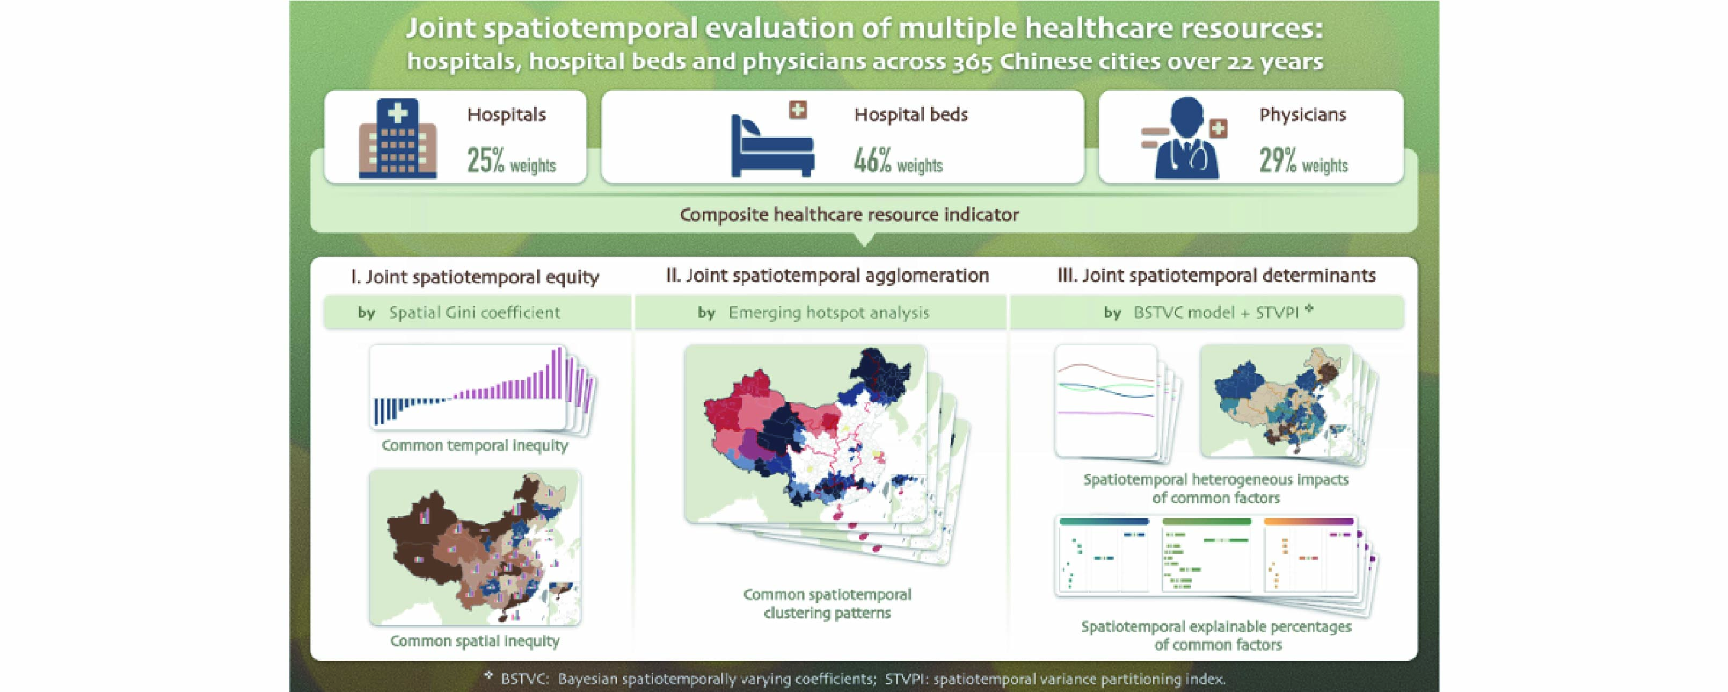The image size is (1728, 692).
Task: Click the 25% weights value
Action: (x=511, y=161)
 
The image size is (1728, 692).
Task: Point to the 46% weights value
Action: (x=898, y=161)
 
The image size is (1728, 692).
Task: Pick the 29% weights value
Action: (x=1303, y=161)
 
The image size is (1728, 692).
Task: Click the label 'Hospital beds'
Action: (x=911, y=115)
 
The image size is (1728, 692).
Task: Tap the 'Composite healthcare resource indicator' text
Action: (x=849, y=215)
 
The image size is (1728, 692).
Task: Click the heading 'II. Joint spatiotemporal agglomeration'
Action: (x=828, y=275)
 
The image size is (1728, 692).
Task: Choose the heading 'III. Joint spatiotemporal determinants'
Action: (x=1216, y=275)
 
